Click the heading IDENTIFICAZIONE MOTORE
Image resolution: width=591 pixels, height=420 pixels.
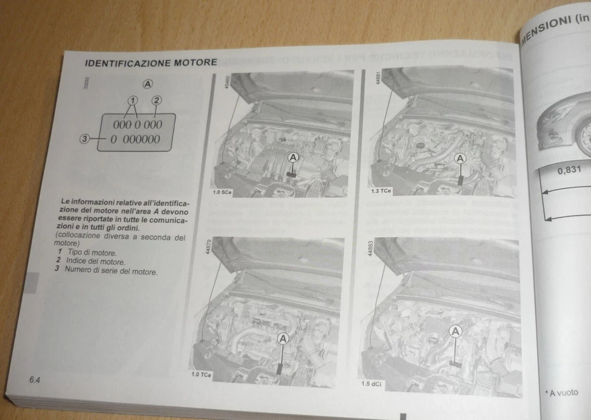click(x=150, y=63)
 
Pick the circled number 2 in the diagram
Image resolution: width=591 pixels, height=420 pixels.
click(x=156, y=100)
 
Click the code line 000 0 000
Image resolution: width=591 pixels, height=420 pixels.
click(x=137, y=124)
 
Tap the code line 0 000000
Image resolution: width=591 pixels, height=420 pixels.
click(x=135, y=139)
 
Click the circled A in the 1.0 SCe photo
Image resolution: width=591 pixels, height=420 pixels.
click(x=294, y=158)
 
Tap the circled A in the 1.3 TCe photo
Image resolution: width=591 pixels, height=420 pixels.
click(x=460, y=158)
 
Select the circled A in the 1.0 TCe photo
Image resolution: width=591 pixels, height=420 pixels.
click(x=283, y=338)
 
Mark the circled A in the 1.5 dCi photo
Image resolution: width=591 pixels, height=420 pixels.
click(x=456, y=332)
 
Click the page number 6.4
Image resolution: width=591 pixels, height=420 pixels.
click(x=34, y=380)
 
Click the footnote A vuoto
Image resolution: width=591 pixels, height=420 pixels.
click(x=562, y=392)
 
